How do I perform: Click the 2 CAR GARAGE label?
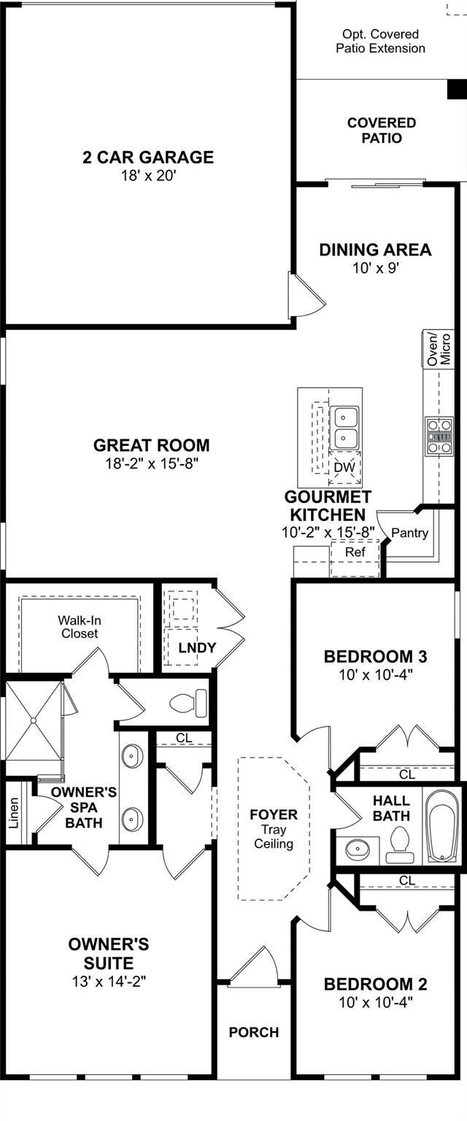click(x=148, y=157)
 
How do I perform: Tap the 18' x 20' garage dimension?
click(x=148, y=176)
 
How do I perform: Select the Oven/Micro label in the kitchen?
click(x=439, y=348)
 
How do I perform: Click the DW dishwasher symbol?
click(x=345, y=467)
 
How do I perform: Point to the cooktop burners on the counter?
click(x=439, y=436)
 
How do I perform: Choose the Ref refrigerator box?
click(x=355, y=552)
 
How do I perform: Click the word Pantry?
click(x=409, y=533)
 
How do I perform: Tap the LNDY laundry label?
click(x=197, y=647)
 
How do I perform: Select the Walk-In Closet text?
click(x=80, y=627)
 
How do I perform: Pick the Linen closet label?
click(x=14, y=813)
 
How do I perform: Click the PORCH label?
click(x=254, y=1033)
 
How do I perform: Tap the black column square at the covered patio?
click(x=458, y=89)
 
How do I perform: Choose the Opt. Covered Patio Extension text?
click(x=380, y=41)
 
